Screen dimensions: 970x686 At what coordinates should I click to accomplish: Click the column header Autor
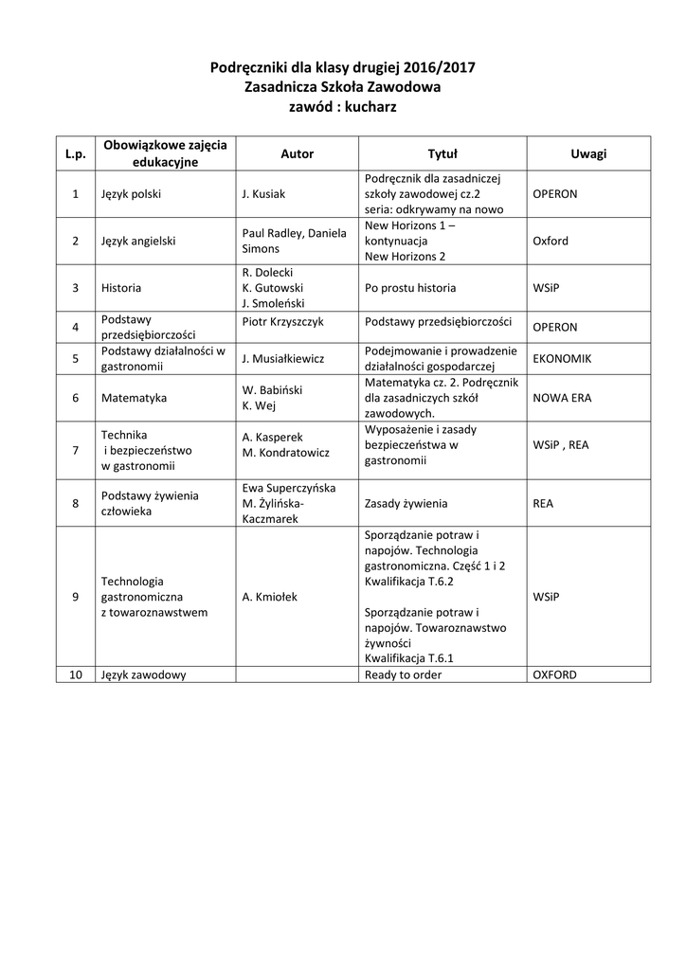297,153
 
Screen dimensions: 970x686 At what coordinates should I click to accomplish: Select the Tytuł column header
442,153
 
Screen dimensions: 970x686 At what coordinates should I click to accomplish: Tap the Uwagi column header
588,153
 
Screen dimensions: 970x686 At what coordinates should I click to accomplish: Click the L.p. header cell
75,153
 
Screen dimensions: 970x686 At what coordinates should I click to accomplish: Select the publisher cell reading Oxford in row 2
551,241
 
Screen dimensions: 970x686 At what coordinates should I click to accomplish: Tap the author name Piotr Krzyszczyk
283,321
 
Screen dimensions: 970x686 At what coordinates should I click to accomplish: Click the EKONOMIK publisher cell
562,359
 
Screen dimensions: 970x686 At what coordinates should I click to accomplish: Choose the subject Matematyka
134,398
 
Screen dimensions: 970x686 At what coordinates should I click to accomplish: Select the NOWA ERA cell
562,398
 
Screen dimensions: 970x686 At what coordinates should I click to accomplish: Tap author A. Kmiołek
270,598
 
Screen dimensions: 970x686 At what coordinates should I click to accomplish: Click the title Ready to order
404,674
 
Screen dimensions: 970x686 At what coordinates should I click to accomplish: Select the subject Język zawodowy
143,674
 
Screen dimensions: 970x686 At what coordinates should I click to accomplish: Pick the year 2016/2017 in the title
439,67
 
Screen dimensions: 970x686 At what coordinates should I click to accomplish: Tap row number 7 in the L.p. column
75,450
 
